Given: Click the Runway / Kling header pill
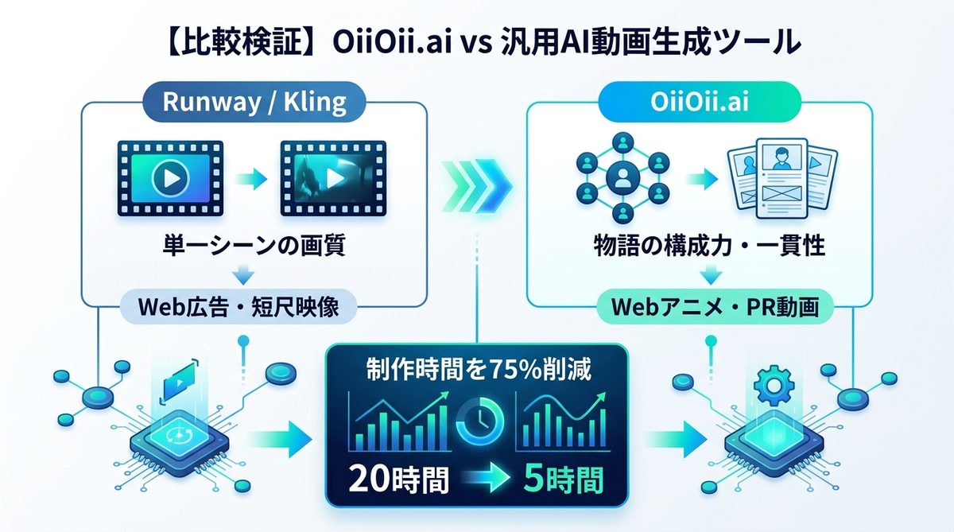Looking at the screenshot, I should pyautogui.click(x=254, y=103).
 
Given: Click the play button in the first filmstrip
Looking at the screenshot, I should pyautogui.click(x=170, y=177).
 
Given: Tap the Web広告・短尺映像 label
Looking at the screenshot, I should pyautogui.click(x=245, y=306).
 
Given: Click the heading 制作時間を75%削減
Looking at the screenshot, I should pyautogui.click(x=477, y=369).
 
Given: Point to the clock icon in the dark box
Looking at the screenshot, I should pyautogui.click(x=478, y=422).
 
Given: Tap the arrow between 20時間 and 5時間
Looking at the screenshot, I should pyautogui.click(x=478, y=480).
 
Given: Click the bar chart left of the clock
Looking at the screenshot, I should pyautogui.click(x=401, y=421).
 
